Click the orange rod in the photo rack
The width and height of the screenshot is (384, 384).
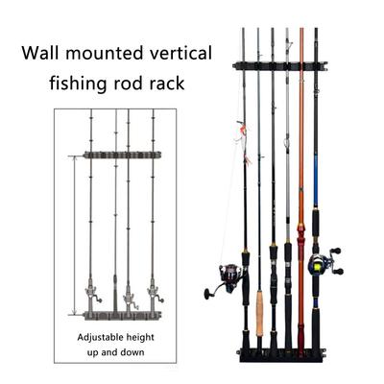point(300,144)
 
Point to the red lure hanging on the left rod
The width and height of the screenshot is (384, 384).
point(241,131)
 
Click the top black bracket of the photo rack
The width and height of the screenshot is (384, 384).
point(278,66)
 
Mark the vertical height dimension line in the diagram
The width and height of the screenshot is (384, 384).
point(71,235)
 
